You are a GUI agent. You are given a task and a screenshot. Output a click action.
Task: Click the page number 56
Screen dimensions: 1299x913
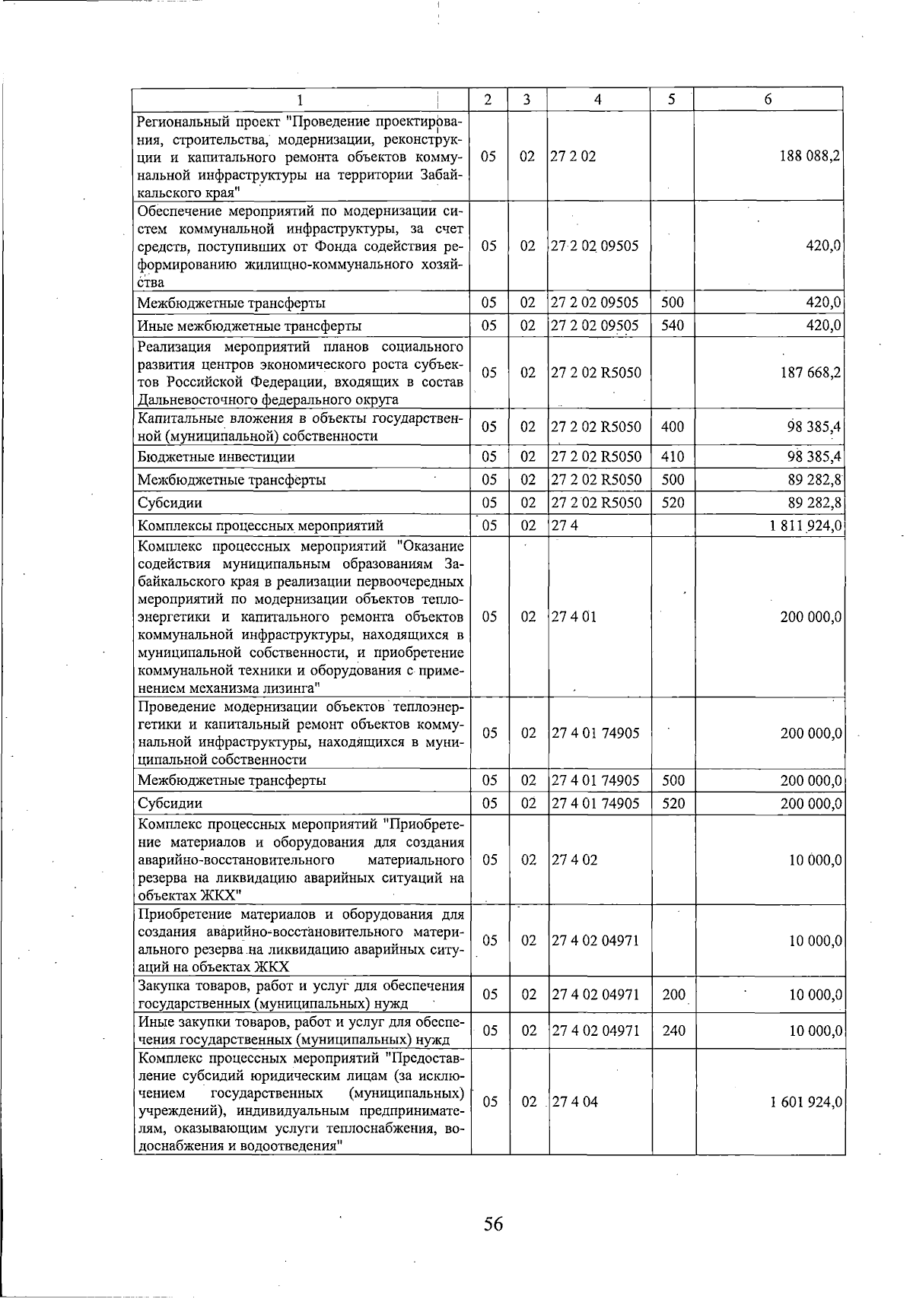coord(493,1224)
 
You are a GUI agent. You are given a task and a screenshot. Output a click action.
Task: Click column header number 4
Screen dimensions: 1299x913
coord(599,100)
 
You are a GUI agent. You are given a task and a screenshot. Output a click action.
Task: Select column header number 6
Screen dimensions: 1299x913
coord(768,100)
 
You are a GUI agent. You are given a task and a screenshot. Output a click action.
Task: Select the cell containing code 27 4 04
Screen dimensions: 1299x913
coord(575,1102)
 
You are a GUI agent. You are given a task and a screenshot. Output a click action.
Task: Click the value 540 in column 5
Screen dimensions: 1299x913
coord(673,326)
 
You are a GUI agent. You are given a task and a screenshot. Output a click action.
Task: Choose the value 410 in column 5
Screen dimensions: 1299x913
coord(673,457)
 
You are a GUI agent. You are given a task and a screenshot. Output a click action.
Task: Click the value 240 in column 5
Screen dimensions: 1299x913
coord(673,1031)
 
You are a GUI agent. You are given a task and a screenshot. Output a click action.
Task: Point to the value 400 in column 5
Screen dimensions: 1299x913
coord(673,427)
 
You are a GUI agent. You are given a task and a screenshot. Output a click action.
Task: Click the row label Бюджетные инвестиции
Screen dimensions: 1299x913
coord(216,457)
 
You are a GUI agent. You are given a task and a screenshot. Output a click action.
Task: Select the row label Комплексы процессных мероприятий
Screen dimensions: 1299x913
coord(260,526)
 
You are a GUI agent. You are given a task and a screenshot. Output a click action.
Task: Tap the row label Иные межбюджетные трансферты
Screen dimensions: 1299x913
coord(249,326)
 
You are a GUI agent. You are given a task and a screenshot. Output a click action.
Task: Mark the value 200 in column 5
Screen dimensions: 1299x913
coord(673,994)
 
